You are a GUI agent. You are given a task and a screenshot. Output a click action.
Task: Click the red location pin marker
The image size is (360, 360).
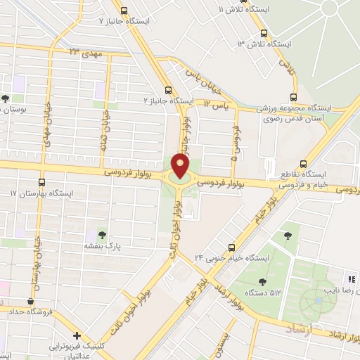(181, 165)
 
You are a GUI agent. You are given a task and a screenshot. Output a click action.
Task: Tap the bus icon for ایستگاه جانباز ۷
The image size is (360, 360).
(124, 11)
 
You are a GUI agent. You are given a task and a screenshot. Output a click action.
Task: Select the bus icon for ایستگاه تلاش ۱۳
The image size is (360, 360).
(264, 32)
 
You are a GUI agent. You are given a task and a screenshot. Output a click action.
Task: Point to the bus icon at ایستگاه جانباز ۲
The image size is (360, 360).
(168, 89)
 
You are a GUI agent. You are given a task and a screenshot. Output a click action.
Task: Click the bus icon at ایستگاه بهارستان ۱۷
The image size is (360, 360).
(41, 181)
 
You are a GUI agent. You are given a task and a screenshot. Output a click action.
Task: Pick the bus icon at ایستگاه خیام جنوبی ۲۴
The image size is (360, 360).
(231, 247)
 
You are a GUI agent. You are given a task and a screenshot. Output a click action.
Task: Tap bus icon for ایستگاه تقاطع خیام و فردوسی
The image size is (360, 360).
(303, 162)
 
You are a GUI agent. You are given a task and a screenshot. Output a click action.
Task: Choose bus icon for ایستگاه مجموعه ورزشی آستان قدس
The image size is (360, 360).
(294, 98)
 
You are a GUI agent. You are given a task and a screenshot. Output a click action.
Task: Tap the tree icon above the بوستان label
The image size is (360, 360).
(6, 98)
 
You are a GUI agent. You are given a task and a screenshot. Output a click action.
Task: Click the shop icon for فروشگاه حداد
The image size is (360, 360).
(30, 302)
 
